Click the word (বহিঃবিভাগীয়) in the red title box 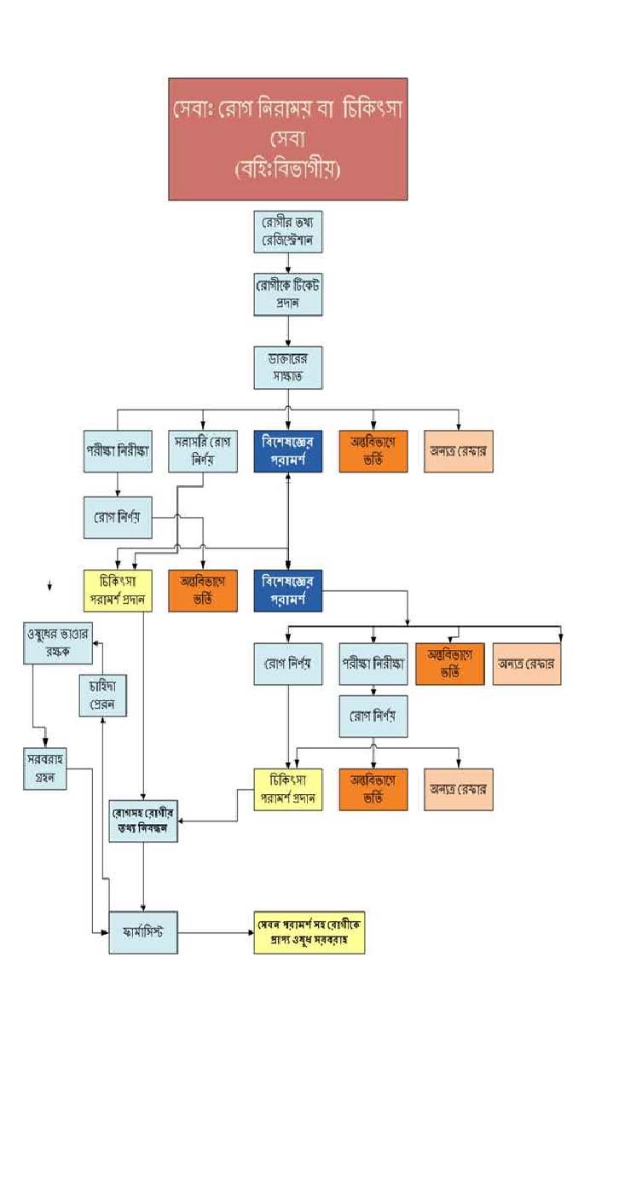(287, 170)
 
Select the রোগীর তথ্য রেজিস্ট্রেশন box (288, 231)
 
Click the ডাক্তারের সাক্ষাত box (288, 368)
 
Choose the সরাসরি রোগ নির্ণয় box (203, 452)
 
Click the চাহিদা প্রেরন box (102, 695)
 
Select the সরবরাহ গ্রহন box (45, 768)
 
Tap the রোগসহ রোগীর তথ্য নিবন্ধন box (143, 821)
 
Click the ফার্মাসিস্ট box (143, 932)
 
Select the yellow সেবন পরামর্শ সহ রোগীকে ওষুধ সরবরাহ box (309, 932)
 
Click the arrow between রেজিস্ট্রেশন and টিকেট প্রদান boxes (288, 264)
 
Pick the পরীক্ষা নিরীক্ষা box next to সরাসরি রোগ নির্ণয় (118, 452)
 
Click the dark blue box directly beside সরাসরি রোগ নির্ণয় (288, 452)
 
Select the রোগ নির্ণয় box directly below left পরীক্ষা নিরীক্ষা (118, 518)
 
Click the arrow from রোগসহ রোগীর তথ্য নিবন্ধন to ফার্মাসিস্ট (143, 877)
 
